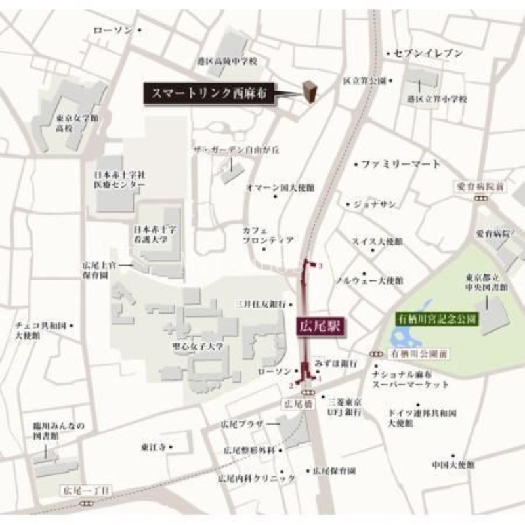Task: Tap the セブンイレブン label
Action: point(428,53)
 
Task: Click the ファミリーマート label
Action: point(401,163)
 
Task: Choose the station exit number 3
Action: point(320,266)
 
